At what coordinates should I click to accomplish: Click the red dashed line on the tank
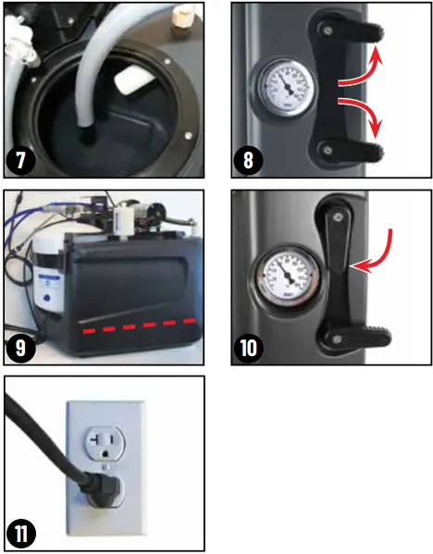tap(139, 326)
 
